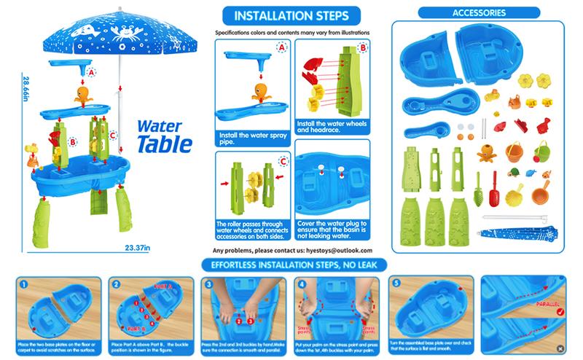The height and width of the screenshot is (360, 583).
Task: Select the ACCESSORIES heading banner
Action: coord(480,12)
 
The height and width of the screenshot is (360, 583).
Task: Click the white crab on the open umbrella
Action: coord(119,31)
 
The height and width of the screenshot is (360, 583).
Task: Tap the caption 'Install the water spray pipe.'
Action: coord(248,138)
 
